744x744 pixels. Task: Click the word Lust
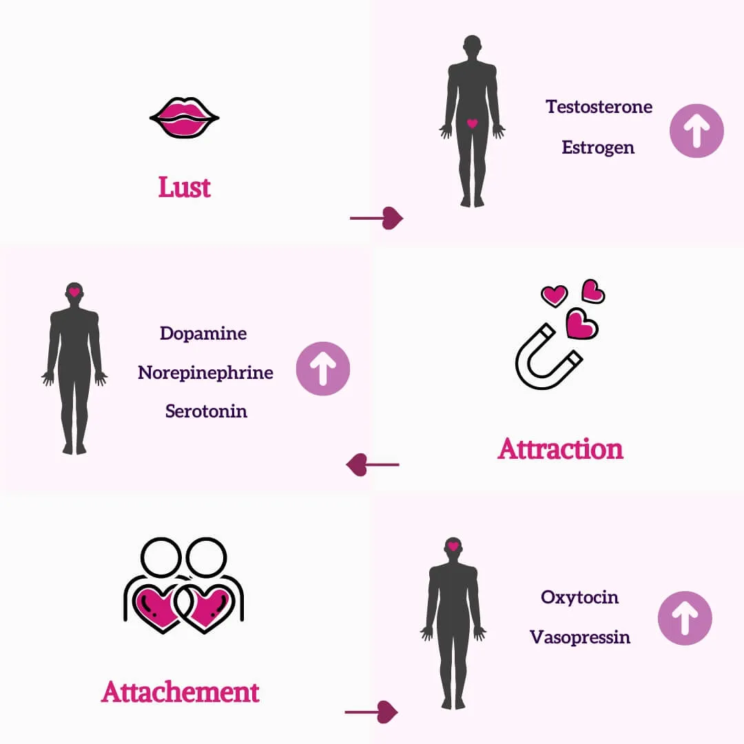185,187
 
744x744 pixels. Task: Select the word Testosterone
599,107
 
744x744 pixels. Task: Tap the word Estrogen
598,147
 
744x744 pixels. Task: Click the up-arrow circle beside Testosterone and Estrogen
696,131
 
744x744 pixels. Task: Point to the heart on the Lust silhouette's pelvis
472,124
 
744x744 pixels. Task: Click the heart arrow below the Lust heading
377,218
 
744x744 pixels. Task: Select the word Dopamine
203,333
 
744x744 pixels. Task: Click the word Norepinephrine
205,373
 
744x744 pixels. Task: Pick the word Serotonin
206,411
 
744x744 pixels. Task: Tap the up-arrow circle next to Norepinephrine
322,369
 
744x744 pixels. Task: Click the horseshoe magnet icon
548,355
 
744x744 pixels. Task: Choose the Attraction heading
560,448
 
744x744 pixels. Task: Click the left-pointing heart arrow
373,465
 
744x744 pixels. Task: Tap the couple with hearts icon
184,586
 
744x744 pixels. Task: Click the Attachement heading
180,691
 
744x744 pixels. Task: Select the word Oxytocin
579,597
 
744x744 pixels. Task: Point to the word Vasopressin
579,637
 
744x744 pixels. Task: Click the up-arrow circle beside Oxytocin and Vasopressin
685,618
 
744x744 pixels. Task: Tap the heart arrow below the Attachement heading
372,712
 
